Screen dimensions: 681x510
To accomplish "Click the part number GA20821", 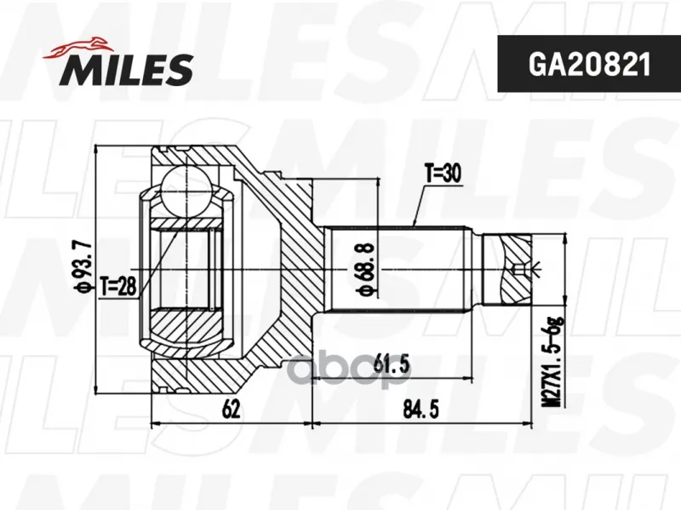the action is pos(589,65).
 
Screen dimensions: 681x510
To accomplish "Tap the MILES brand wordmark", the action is pos(127,70).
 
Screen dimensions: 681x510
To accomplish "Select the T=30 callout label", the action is pos(443,174).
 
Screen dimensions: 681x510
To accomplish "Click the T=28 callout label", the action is pos(118,285).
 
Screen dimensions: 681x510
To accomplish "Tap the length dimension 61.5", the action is pos(392,365).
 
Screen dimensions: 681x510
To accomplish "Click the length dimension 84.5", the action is pos(421,410).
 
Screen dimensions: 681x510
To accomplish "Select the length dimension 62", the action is pos(231,409).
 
